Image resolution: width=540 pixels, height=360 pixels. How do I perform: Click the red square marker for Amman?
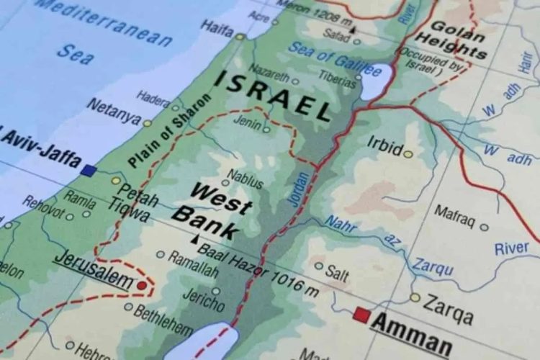pyautogui.click(x=362, y=315)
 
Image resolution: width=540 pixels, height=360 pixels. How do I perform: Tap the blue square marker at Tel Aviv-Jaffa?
pyautogui.click(x=89, y=171)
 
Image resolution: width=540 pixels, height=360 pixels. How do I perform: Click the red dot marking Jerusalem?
pyautogui.click(x=142, y=286)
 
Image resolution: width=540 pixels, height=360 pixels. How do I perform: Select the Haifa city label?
pyautogui.click(x=217, y=29)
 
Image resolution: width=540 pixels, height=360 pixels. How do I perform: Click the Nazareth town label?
pyautogui.click(x=271, y=75)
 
